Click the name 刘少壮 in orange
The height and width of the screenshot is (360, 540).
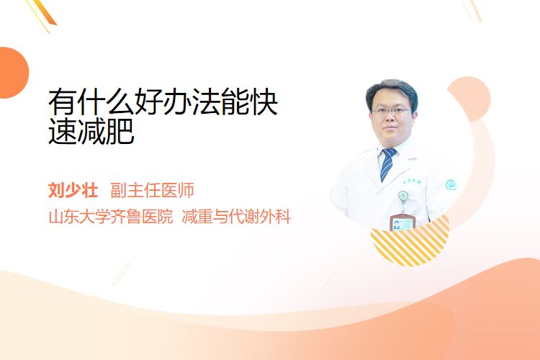pyautogui.click(x=73, y=190)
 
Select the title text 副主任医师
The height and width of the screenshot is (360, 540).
pyautogui.click(x=152, y=190)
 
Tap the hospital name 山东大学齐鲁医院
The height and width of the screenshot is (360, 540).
pyautogui.click(x=111, y=217)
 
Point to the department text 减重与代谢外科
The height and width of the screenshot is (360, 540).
pyautogui.click(x=236, y=217)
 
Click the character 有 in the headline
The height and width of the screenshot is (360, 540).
pyautogui.click(x=63, y=102)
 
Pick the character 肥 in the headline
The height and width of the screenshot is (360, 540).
pyautogui.click(x=120, y=131)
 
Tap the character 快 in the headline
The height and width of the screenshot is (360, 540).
pyautogui.click(x=264, y=102)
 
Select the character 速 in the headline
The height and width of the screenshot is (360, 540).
pyautogui.click(x=63, y=131)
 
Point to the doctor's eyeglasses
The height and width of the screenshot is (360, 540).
pyautogui.click(x=391, y=112)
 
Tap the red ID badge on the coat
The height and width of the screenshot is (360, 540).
pyautogui.click(x=402, y=222)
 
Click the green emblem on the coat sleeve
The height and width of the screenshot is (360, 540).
pyautogui.click(x=451, y=185)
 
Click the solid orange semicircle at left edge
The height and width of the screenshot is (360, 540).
pyautogui.click(x=13, y=73)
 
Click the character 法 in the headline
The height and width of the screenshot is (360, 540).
pyautogui.click(x=207, y=102)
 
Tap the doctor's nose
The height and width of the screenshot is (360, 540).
pyautogui.click(x=390, y=119)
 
